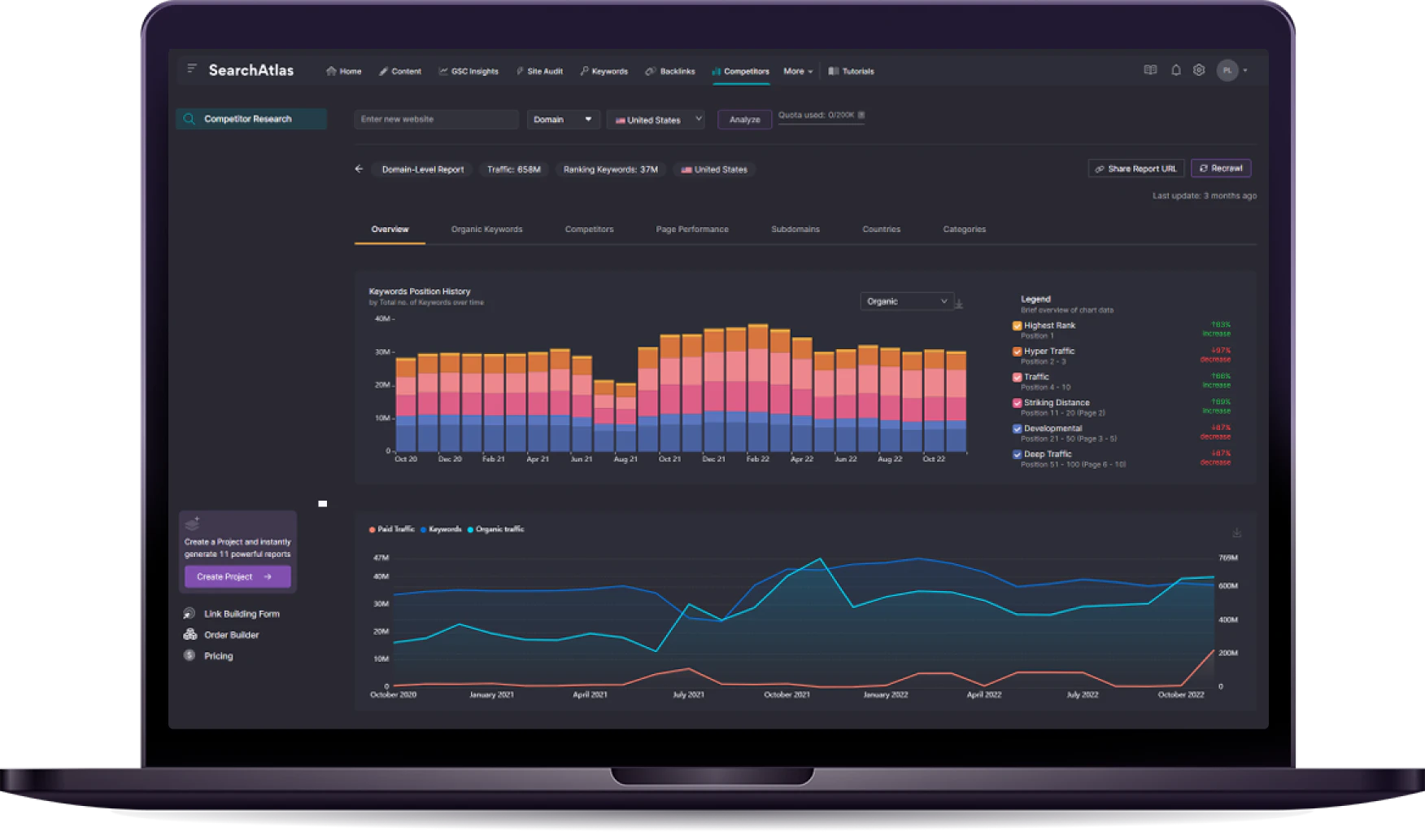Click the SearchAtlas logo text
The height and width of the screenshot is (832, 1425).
[251, 71]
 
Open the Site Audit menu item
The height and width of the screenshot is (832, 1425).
[540, 72]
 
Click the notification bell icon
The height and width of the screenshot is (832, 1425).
[1175, 71]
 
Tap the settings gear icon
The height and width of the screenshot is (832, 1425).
[1199, 71]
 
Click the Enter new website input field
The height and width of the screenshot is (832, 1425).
[436, 120]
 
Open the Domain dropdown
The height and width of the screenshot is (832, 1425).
[563, 120]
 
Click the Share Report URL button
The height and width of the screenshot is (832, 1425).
[1135, 169]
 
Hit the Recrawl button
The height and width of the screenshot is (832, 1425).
[1220, 169]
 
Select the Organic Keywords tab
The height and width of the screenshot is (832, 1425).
[486, 230]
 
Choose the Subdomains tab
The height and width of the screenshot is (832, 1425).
[795, 230]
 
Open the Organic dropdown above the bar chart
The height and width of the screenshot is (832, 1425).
[906, 301]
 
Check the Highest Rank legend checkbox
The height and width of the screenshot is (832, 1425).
[1017, 326]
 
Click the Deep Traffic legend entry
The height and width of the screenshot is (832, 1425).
[1047, 454]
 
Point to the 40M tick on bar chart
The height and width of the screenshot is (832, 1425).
[382, 318]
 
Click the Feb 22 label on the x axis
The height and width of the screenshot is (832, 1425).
[757, 459]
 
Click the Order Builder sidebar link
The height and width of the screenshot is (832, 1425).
[231, 635]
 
